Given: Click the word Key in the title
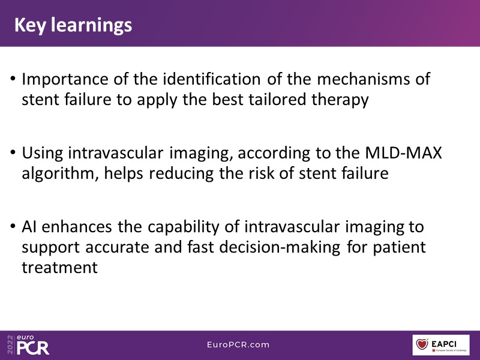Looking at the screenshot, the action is (x=30, y=25).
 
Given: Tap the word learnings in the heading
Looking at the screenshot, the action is (x=92, y=25).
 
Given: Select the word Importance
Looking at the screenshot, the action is (x=65, y=80).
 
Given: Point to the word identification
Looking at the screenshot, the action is (x=212, y=79).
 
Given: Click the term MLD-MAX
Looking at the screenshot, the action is (x=403, y=152).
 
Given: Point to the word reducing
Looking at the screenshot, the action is (x=182, y=174).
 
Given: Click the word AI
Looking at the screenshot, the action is (x=29, y=227).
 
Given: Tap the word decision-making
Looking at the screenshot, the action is (x=280, y=248).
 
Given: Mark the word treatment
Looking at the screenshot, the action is (x=59, y=268).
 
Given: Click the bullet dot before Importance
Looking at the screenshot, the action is (x=13, y=79).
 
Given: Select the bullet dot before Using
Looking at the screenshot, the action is (x=13, y=152).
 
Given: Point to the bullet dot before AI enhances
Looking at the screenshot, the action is (x=13, y=226).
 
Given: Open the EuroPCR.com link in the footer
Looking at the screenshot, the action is (x=238, y=344).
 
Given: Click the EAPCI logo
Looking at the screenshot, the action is (x=441, y=345).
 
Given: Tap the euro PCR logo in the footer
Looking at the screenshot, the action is (x=28, y=344).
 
